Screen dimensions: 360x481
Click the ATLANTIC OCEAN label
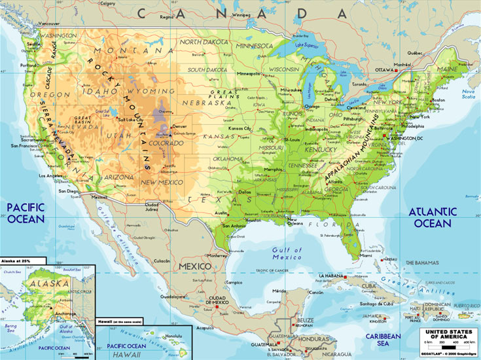[433, 217]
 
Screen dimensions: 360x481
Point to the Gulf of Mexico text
[288, 253]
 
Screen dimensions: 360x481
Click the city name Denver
[179, 126]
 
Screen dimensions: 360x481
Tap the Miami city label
[366, 256]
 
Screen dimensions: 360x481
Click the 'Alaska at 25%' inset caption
[18, 261]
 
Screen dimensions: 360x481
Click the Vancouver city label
[50, 24]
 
